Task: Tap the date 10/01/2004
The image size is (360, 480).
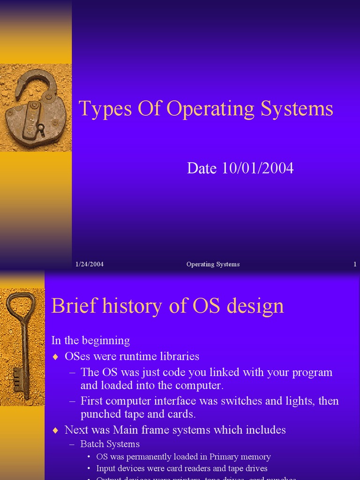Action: [x=257, y=168]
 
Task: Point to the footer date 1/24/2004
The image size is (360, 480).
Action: [x=90, y=264]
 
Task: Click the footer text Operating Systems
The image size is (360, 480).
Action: [x=213, y=264]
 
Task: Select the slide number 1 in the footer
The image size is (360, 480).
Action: [x=355, y=264]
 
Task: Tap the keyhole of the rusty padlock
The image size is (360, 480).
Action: [x=41, y=128]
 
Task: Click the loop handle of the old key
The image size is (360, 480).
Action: [x=21, y=305]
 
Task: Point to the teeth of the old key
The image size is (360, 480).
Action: [x=18, y=378]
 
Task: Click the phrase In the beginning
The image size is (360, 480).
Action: [x=90, y=340]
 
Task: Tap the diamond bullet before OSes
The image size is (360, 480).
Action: [x=56, y=357]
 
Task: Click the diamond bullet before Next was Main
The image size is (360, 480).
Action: [x=56, y=430]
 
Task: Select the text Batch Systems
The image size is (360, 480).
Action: [x=110, y=444]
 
